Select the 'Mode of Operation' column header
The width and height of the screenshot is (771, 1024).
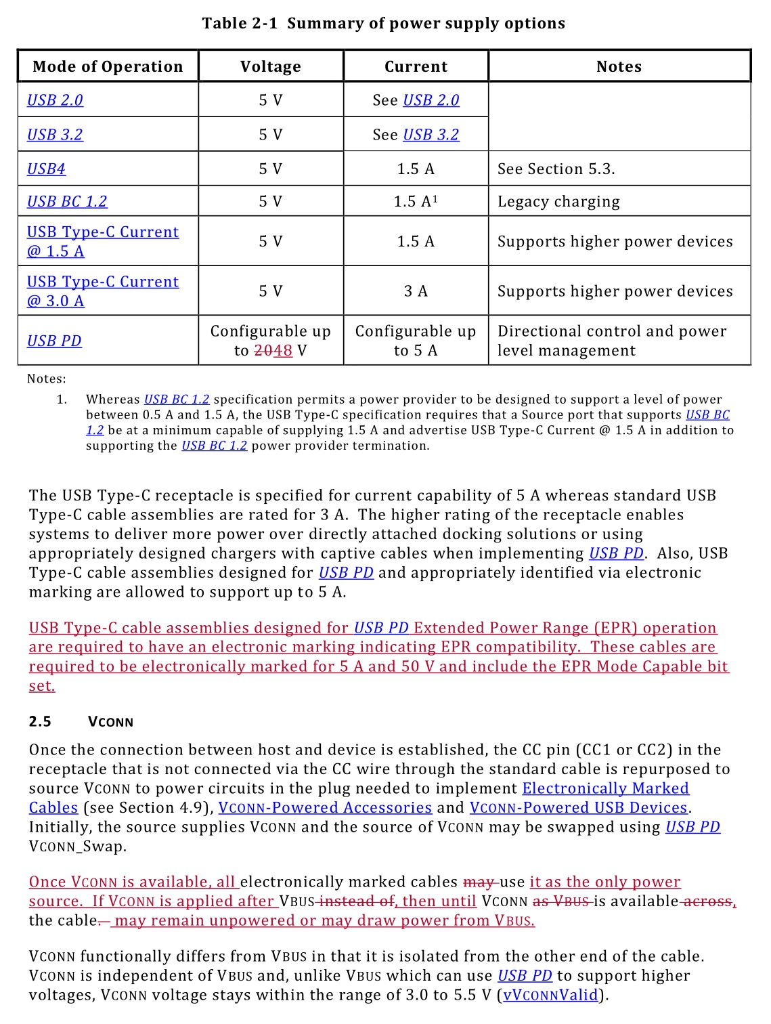[x=108, y=66]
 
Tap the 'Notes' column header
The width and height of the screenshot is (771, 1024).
[x=619, y=66]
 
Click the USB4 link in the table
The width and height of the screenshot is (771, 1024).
[x=46, y=169]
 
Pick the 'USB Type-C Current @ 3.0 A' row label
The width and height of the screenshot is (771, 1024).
[x=102, y=291]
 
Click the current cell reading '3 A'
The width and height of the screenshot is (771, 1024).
[x=416, y=291]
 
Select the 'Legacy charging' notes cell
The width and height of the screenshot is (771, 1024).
[x=558, y=201]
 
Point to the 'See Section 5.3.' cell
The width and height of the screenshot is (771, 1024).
[x=556, y=169]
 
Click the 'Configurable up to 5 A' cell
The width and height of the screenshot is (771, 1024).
[x=416, y=341]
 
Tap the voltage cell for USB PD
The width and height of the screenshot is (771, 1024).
[x=271, y=341]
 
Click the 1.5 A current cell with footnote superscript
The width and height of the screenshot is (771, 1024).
[x=416, y=201]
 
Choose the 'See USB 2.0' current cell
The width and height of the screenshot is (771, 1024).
[x=416, y=100]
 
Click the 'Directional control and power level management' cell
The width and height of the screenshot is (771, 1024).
[x=612, y=341]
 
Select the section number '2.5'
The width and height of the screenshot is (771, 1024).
[x=40, y=721]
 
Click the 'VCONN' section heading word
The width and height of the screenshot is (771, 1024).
[x=110, y=722]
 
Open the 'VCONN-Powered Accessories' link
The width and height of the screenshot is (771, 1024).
[x=325, y=808]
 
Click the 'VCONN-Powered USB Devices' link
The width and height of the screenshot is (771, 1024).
[x=579, y=808]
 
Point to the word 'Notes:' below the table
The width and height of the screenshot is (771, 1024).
[x=47, y=379]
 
